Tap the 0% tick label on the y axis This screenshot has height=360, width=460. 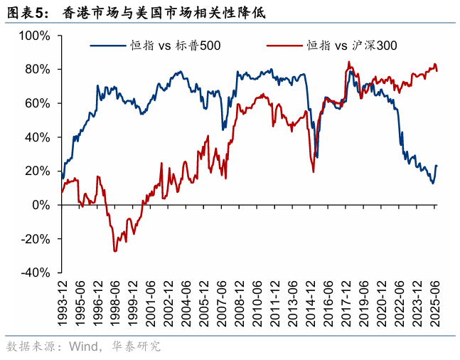(41, 205)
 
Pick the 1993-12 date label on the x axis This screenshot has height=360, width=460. (63, 303)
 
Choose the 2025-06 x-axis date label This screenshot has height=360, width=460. (436, 303)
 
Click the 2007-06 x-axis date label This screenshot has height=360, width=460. (223, 303)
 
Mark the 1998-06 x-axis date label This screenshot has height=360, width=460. (117, 303)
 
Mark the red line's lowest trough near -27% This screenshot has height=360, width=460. (115, 250)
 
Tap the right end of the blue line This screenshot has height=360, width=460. (437, 166)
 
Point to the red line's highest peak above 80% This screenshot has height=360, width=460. (348, 62)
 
